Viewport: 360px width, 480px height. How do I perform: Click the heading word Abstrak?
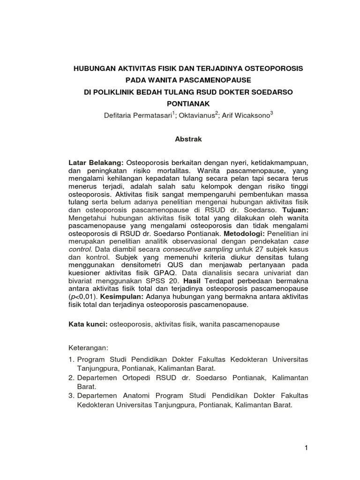pyautogui.click(x=188, y=139)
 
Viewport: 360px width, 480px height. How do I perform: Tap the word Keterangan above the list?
pyautogui.click(x=88, y=348)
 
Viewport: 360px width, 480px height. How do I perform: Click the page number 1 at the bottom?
pyautogui.click(x=306, y=448)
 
